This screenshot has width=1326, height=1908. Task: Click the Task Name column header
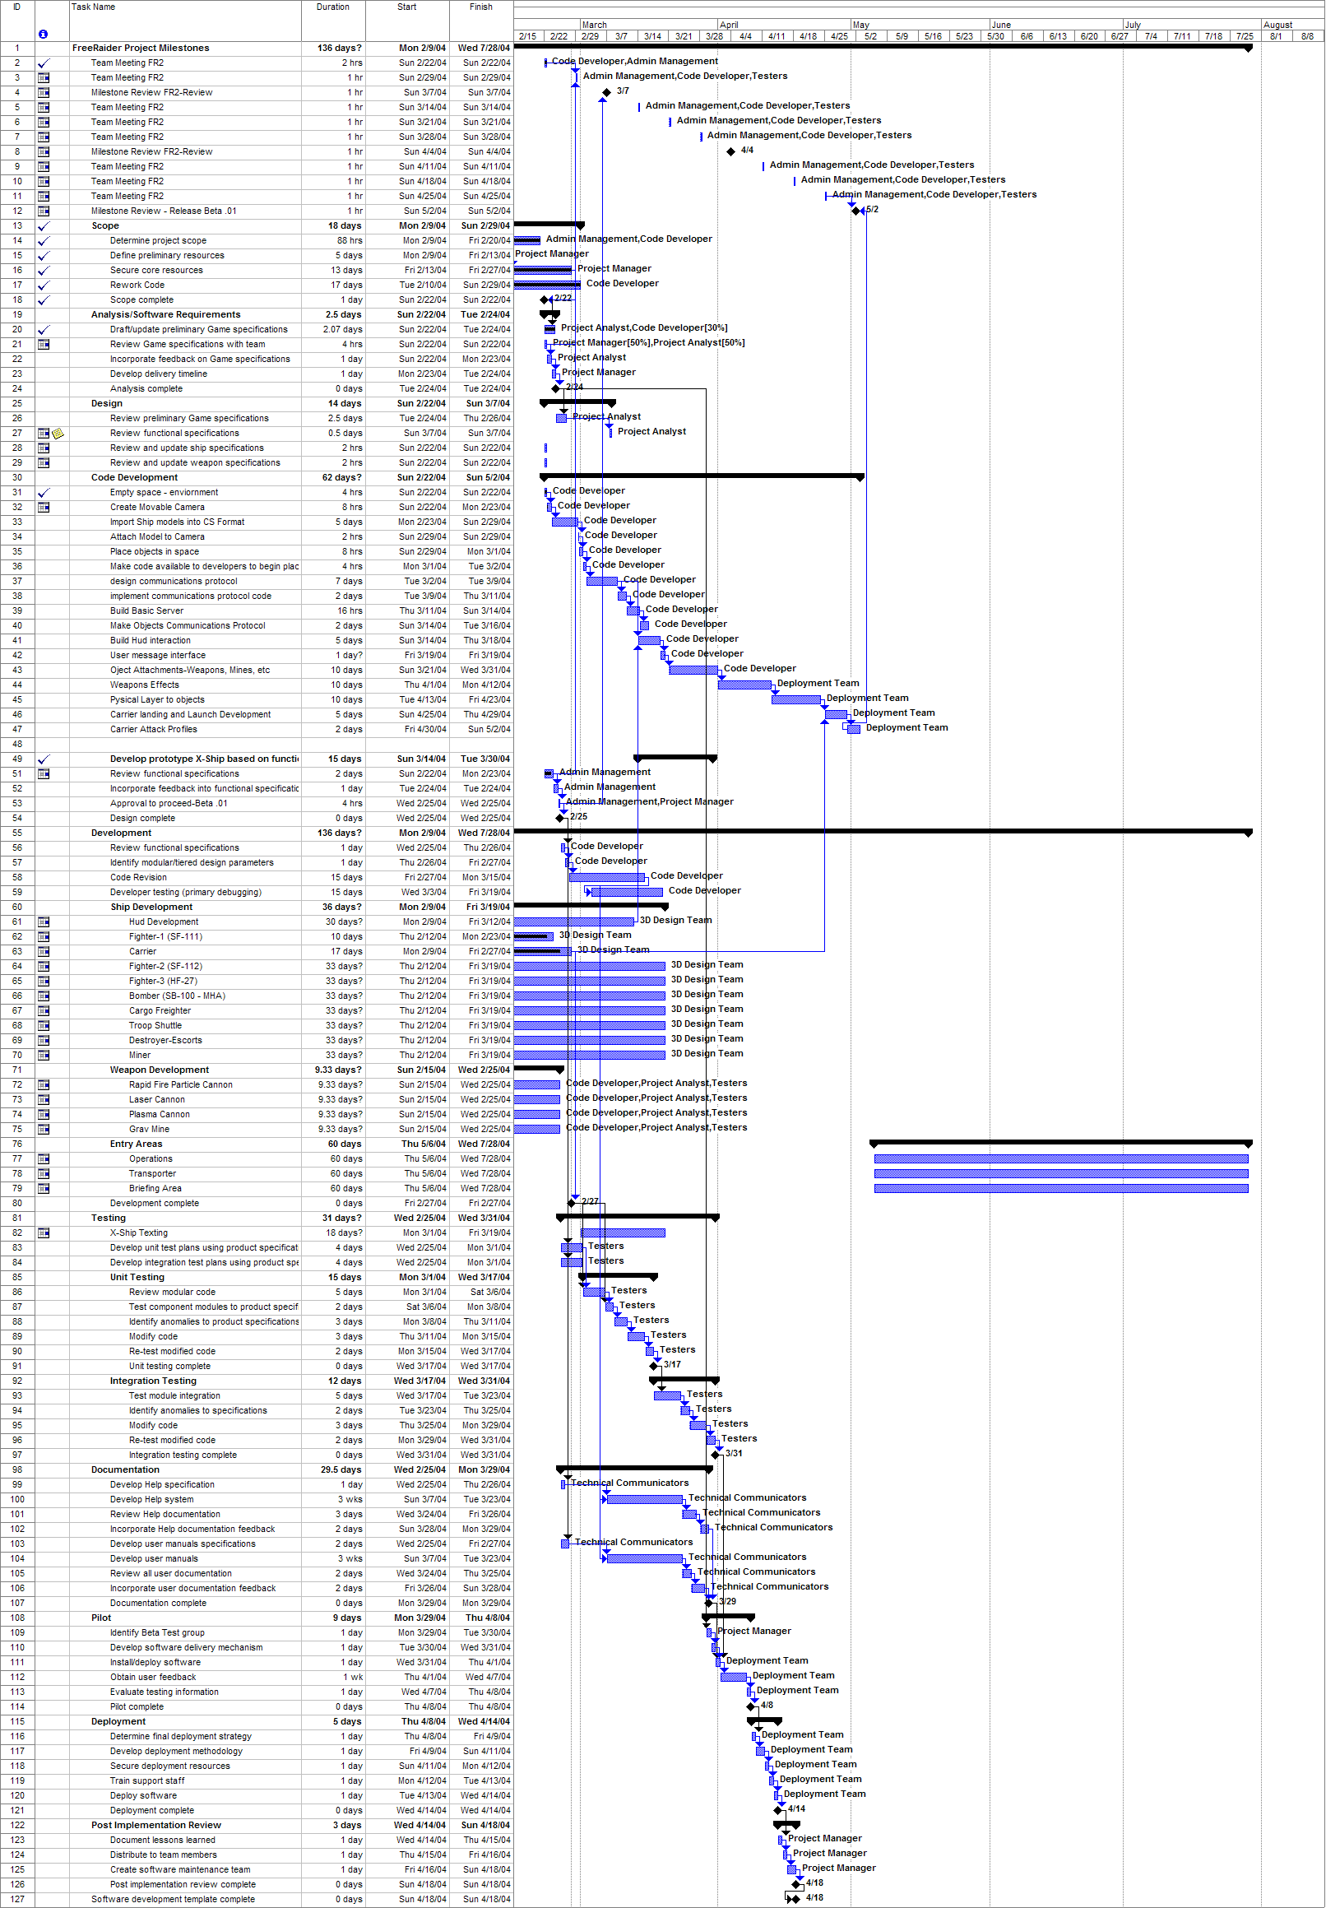click(x=94, y=7)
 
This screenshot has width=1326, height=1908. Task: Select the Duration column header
click(x=332, y=7)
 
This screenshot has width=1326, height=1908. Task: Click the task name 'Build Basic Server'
click(x=147, y=610)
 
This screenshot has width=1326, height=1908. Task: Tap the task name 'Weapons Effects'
click(x=145, y=685)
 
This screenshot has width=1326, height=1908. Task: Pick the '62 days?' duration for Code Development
click(x=341, y=478)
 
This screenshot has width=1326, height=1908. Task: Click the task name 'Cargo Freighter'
click(x=160, y=1011)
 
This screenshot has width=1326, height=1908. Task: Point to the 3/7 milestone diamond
click(x=606, y=92)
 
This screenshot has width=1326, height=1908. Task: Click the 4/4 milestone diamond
click(x=731, y=151)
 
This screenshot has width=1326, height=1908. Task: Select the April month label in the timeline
click(x=729, y=25)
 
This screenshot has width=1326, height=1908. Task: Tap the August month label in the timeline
click(x=1277, y=25)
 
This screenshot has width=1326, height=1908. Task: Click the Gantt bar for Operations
click(x=1061, y=1159)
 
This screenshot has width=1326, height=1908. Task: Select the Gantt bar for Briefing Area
click(x=1061, y=1189)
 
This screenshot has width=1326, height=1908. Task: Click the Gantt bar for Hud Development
click(x=574, y=922)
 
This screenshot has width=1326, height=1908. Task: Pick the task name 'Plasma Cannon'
click(x=160, y=1114)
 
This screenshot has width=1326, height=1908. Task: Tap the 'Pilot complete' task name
click(x=137, y=1707)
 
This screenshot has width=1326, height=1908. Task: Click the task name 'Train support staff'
click(x=148, y=1780)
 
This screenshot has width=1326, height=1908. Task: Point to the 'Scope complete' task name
click(x=142, y=300)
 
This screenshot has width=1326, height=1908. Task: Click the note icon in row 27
click(x=58, y=434)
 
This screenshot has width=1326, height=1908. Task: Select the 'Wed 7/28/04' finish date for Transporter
click(x=486, y=1174)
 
